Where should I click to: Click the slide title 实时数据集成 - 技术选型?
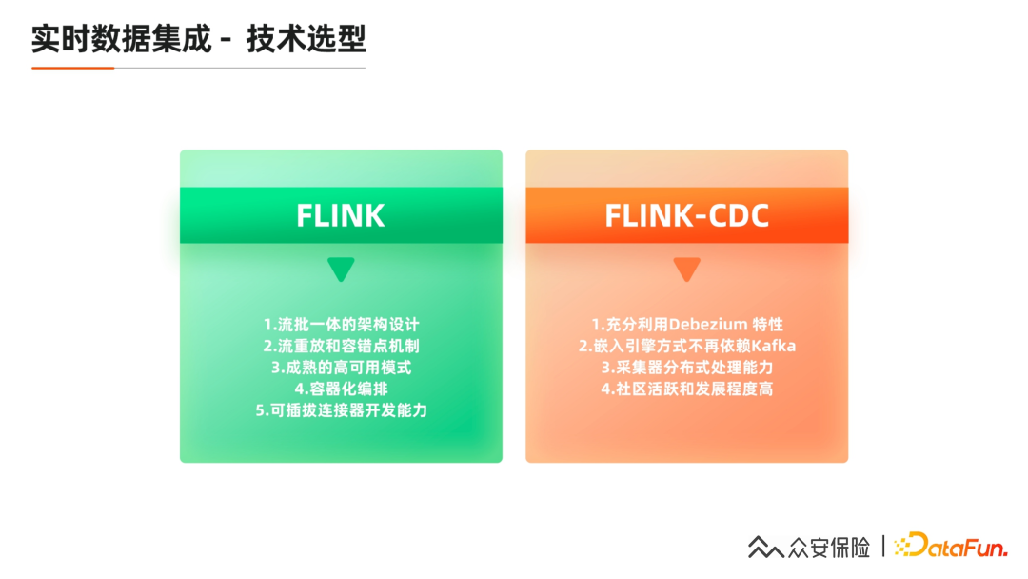[199, 40]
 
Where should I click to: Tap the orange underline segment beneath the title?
[72, 68]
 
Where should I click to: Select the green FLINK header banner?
[341, 215]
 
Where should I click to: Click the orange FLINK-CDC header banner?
[686, 215]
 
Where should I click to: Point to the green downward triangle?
[341, 270]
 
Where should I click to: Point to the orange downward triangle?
[686, 270]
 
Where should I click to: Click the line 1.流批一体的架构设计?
[341, 324]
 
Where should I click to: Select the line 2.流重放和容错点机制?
[341, 346]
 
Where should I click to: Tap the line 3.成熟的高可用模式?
[341, 368]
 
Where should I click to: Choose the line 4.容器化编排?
[341, 389]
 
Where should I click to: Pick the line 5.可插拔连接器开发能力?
[341, 410]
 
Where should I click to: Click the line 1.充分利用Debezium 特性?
[686, 324]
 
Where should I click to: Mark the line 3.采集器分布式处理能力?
[686, 368]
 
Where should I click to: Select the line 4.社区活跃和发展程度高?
[686, 389]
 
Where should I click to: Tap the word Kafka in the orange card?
[774, 346]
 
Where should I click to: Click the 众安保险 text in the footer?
[829, 548]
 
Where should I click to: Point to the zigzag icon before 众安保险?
[765, 548]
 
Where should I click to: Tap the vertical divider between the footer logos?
[883, 547]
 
